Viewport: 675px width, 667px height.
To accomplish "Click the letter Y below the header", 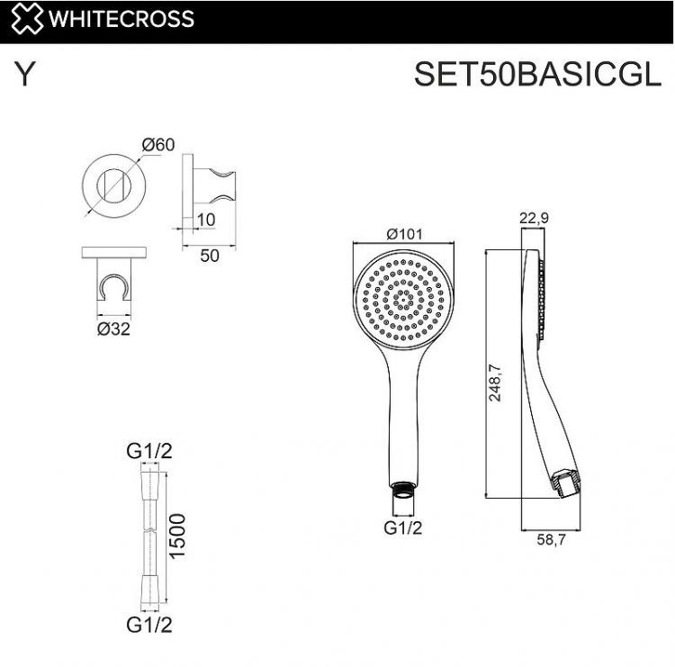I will [x=25, y=76].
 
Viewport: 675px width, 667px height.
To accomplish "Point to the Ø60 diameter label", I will [x=158, y=144].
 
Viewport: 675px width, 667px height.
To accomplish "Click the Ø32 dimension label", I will [x=113, y=329].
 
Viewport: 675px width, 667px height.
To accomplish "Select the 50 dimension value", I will [x=210, y=256].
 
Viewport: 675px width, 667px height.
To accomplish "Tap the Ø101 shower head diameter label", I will [x=405, y=233].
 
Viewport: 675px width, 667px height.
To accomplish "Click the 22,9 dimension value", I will [x=534, y=217].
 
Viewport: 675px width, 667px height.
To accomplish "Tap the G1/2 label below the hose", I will [x=149, y=623].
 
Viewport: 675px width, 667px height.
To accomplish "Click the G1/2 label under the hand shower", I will [x=403, y=528].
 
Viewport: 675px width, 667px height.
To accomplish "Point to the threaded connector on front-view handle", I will [x=404, y=492].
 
